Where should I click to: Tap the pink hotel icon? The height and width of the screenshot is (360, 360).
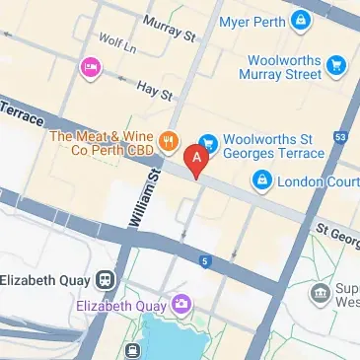(x=89, y=66)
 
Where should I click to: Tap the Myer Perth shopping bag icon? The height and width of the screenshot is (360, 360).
(x=299, y=20)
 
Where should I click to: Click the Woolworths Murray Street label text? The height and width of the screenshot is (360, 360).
(x=285, y=66)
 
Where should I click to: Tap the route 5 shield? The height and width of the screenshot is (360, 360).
(x=204, y=261)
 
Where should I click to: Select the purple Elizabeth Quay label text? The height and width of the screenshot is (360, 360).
(x=122, y=305)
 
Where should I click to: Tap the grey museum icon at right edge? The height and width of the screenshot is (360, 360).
(x=320, y=293)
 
